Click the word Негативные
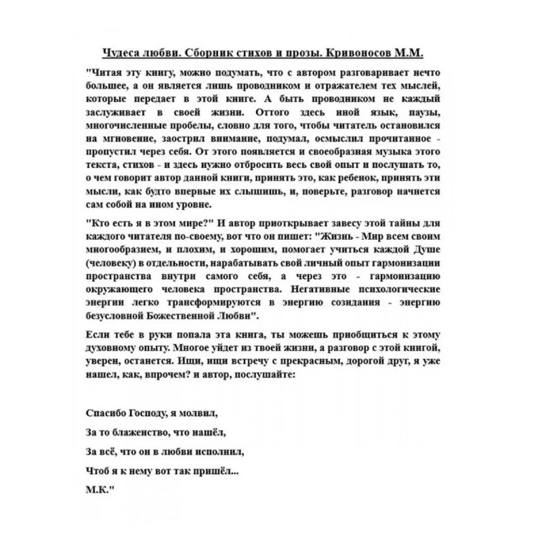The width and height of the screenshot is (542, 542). [329, 290]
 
